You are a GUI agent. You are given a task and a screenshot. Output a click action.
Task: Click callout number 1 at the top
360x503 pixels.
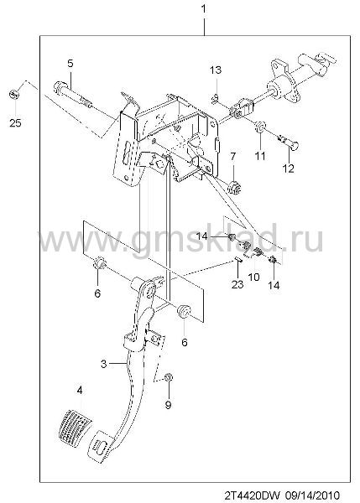pos(203,9)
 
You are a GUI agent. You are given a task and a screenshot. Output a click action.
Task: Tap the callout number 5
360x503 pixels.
pos(70,64)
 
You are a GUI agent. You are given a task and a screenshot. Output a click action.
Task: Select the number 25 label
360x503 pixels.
pos(15,123)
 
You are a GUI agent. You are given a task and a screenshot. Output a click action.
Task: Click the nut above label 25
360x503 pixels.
pos(14,95)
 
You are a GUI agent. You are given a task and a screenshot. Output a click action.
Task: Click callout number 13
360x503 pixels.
pos(216,70)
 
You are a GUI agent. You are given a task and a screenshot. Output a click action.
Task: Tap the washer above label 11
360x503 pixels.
pos(260,127)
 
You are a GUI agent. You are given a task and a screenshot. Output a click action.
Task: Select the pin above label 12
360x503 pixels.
pos(288,142)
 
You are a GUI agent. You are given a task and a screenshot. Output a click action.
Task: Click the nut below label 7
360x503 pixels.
pos(234,188)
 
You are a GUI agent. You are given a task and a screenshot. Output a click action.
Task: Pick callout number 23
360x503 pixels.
pos(237,284)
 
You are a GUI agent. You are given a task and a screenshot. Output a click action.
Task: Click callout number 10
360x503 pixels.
pos(254,277)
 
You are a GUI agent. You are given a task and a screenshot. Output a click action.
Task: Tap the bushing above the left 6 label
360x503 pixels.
pos(99,263)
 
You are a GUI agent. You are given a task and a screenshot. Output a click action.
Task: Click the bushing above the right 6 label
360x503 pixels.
pos(184,311)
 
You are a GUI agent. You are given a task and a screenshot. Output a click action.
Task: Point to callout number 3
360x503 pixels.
pos(103,364)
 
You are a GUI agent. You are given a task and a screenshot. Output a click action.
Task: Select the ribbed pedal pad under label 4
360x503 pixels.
pos(76,425)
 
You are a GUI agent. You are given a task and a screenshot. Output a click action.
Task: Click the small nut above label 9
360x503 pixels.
pos(167,377)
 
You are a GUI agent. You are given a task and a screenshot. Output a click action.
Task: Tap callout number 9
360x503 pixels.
pos(168,405)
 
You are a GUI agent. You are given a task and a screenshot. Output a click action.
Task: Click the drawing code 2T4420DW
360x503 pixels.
pos(253,494)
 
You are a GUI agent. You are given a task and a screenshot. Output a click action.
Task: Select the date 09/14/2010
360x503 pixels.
pos(311,494)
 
